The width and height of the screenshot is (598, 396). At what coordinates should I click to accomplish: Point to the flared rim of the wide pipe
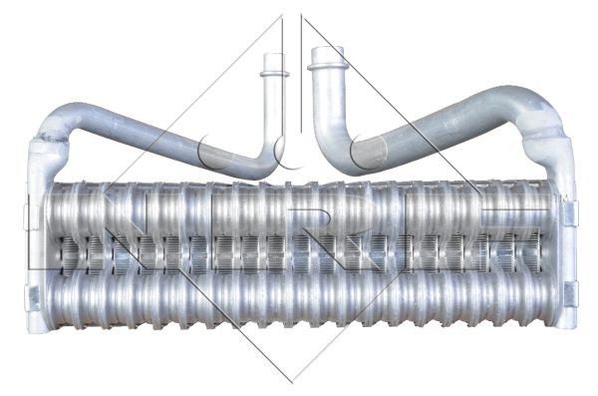coord(325,65)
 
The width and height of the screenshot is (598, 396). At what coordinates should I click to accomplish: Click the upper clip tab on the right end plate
coord(569,212)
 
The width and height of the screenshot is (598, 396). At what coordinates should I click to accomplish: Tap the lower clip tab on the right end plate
coord(570,294)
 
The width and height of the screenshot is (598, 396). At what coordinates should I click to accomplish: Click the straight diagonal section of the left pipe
coord(159,134)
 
